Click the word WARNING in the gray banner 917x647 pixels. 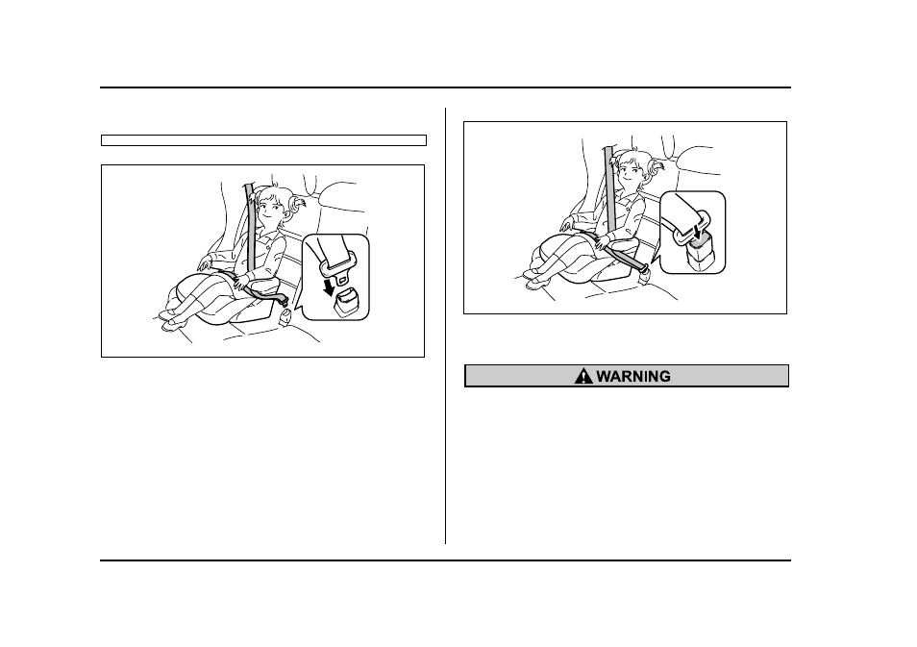pos(633,376)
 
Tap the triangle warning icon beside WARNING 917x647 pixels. pos(583,376)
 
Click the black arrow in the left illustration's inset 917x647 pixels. pos(331,286)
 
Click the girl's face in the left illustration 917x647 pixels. pos(269,209)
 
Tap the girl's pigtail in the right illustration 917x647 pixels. pos(657,169)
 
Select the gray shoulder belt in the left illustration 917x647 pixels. pos(251,227)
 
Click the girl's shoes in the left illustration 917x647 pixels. pos(169,319)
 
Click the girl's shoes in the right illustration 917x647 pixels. pos(533,279)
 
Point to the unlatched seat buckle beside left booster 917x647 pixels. pos(285,317)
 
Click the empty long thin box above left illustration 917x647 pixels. pos(263,140)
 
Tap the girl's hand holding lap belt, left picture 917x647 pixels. pos(241,283)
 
